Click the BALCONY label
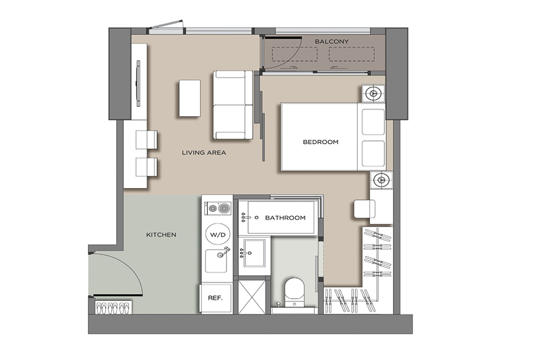tap(331, 41)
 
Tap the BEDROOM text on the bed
tap(320, 142)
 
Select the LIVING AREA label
tap(204, 152)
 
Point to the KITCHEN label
tap(161, 234)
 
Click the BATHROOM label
tap(285, 217)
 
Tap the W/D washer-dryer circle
tap(218, 234)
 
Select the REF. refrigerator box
tap(215, 298)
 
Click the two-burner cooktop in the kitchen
tap(218, 209)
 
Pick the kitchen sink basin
tap(216, 261)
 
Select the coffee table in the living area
tap(190, 98)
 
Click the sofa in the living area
tap(233, 105)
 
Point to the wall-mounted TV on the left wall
tap(138, 84)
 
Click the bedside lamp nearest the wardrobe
tap(381, 180)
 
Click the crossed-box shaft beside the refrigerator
tap(252, 298)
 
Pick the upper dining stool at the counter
tap(147, 140)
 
